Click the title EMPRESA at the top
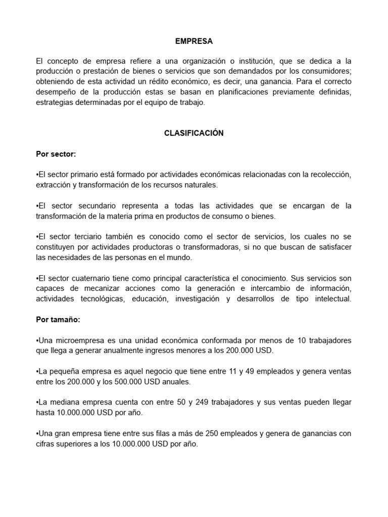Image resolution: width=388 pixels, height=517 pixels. click(193, 41)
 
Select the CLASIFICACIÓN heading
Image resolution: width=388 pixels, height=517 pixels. click(193, 133)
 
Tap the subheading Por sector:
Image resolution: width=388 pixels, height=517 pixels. click(56, 154)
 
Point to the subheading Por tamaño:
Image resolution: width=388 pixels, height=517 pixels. click(58, 320)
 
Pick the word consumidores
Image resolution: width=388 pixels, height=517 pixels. click(326, 71)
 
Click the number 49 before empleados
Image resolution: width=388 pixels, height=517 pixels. click(250, 372)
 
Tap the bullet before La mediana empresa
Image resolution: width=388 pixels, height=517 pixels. click(37, 402)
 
